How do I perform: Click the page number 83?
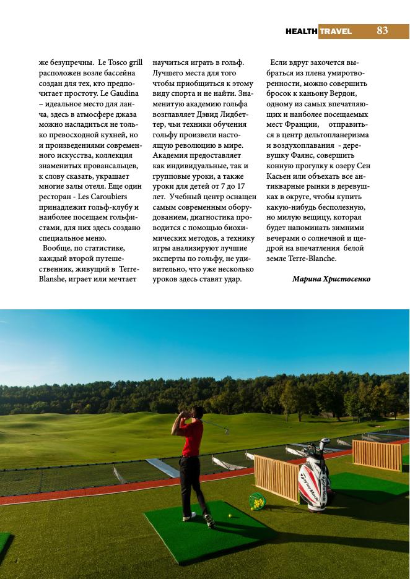tap(382, 30)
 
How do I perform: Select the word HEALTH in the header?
tap(302, 31)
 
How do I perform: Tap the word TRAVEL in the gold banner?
tap(336, 31)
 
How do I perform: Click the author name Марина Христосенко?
tap(331, 279)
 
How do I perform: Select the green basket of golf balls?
tap(257, 502)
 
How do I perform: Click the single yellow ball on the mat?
tap(230, 516)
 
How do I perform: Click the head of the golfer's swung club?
tap(225, 431)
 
